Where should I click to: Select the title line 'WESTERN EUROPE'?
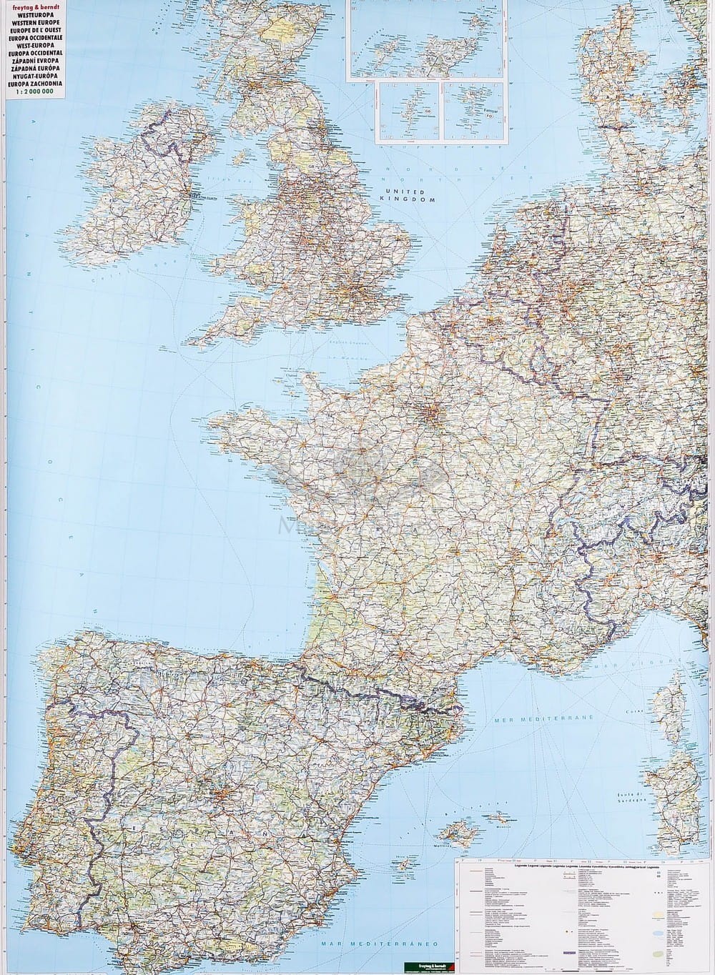[34, 21]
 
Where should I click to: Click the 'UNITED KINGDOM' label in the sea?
[410, 197]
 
